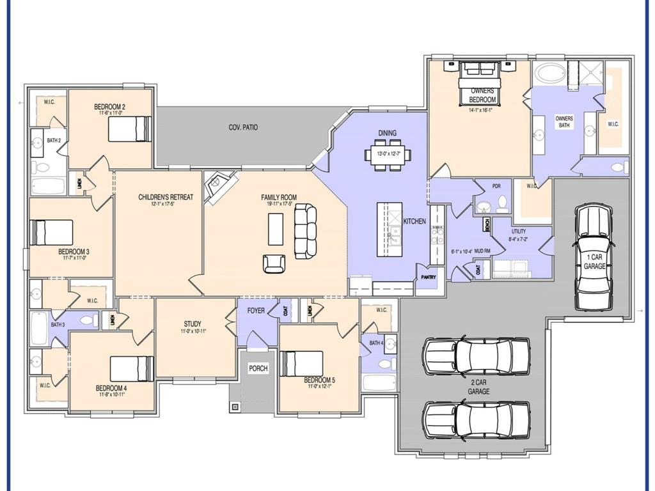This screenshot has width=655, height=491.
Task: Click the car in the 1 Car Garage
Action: [x=594, y=256]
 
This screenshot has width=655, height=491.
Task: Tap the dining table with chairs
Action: [x=388, y=154]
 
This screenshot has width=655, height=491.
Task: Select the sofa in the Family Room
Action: [x=305, y=231]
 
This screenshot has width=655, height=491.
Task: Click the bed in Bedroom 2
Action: [x=130, y=129]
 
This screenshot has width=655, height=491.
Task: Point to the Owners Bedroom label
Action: [x=482, y=95]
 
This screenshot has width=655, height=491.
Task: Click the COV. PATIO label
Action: [x=243, y=128]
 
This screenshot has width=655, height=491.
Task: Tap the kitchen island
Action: [x=390, y=228]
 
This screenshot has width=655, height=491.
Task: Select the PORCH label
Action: [x=258, y=369]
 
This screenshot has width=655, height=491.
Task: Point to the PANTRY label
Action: [x=428, y=277]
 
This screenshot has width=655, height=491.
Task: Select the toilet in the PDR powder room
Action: [x=503, y=204]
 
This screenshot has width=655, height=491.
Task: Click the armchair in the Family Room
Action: [x=274, y=263]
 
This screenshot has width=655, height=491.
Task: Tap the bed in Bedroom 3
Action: [x=52, y=232]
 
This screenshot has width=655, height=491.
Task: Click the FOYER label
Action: [x=256, y=311]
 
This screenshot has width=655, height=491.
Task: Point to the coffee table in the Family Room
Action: [x=276, y=228]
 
